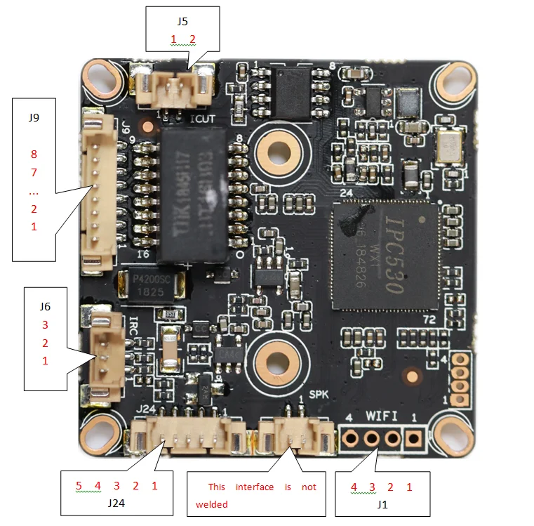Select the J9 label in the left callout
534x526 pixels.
pyautogui.click(x=34, y=117)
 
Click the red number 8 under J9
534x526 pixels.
pyautogui.click(x=34, y=154)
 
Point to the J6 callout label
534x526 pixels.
pyautogui.click(x=45, y=307)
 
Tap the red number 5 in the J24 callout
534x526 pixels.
pyautogui.click(x=79, y=485)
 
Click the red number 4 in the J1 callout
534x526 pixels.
pyautogui.click(x=354, y=487)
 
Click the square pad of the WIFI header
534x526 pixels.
pyautogui.click(x=413, y=439)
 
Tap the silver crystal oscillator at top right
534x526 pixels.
pyautogui.click(x=447, y=146)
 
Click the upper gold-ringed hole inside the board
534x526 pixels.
pyautogui.click(x=279, y=149)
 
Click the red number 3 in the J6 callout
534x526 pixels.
pyautogui.click(x=45, y=325)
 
